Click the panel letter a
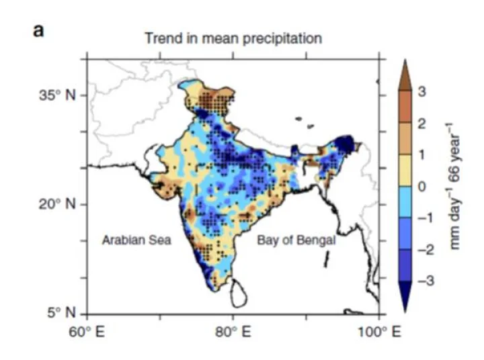pos(39,32)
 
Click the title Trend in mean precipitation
pos(233,38)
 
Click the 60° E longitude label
pos(87,331)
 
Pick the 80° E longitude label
pos(233,331)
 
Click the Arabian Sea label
pos(136,240)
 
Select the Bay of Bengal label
pos(296,240)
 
